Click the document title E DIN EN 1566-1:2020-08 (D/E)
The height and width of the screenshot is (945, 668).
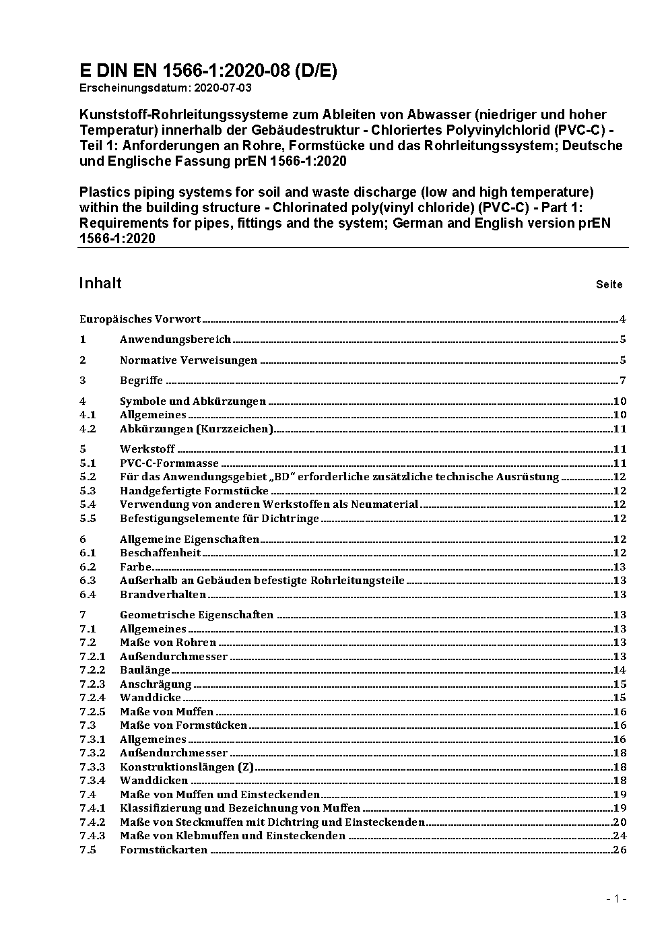pyautogui.click(x=208, y=71)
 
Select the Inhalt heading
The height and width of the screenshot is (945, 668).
pyautogui.click(x=100, y=283)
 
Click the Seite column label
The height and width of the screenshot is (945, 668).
pyautogui.click(x=609, y=284)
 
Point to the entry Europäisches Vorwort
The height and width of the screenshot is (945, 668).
pyautogui.click(x=140, y=319)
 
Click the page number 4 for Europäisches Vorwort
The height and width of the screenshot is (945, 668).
pyautogui.click(x=623, y=319)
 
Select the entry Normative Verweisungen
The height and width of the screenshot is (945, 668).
pyautogui.click(x=189, y=360)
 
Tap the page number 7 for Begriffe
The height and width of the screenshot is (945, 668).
pyautogui.click(x=623, y=381)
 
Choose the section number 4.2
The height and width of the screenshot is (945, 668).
pyautogui.click(x=88, y=429)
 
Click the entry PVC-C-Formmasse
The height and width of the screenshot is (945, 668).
pyautogui.click(x=169, y=463)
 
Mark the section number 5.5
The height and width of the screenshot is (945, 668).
pyautogui.click(x=88, y=519)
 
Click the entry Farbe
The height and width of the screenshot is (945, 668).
pyautogui.click(x=135, y=567)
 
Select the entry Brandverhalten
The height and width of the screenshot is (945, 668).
pyautogui.click(x=163, y=595)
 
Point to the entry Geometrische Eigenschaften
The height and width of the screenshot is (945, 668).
pyautogui.click(x=197, y=615)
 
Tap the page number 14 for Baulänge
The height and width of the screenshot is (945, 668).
pyautogui.click(x=620, y=670)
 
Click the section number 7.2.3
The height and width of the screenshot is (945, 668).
pyautogui.click(x=92, y=684)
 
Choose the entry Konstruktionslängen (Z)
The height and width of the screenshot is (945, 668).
pyautogui.click(x=187, y=767)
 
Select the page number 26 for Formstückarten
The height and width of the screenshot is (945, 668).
pyautogui.click(x=620, y=850)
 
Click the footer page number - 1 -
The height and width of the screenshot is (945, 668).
pyautogui.click(x=616, y=899)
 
